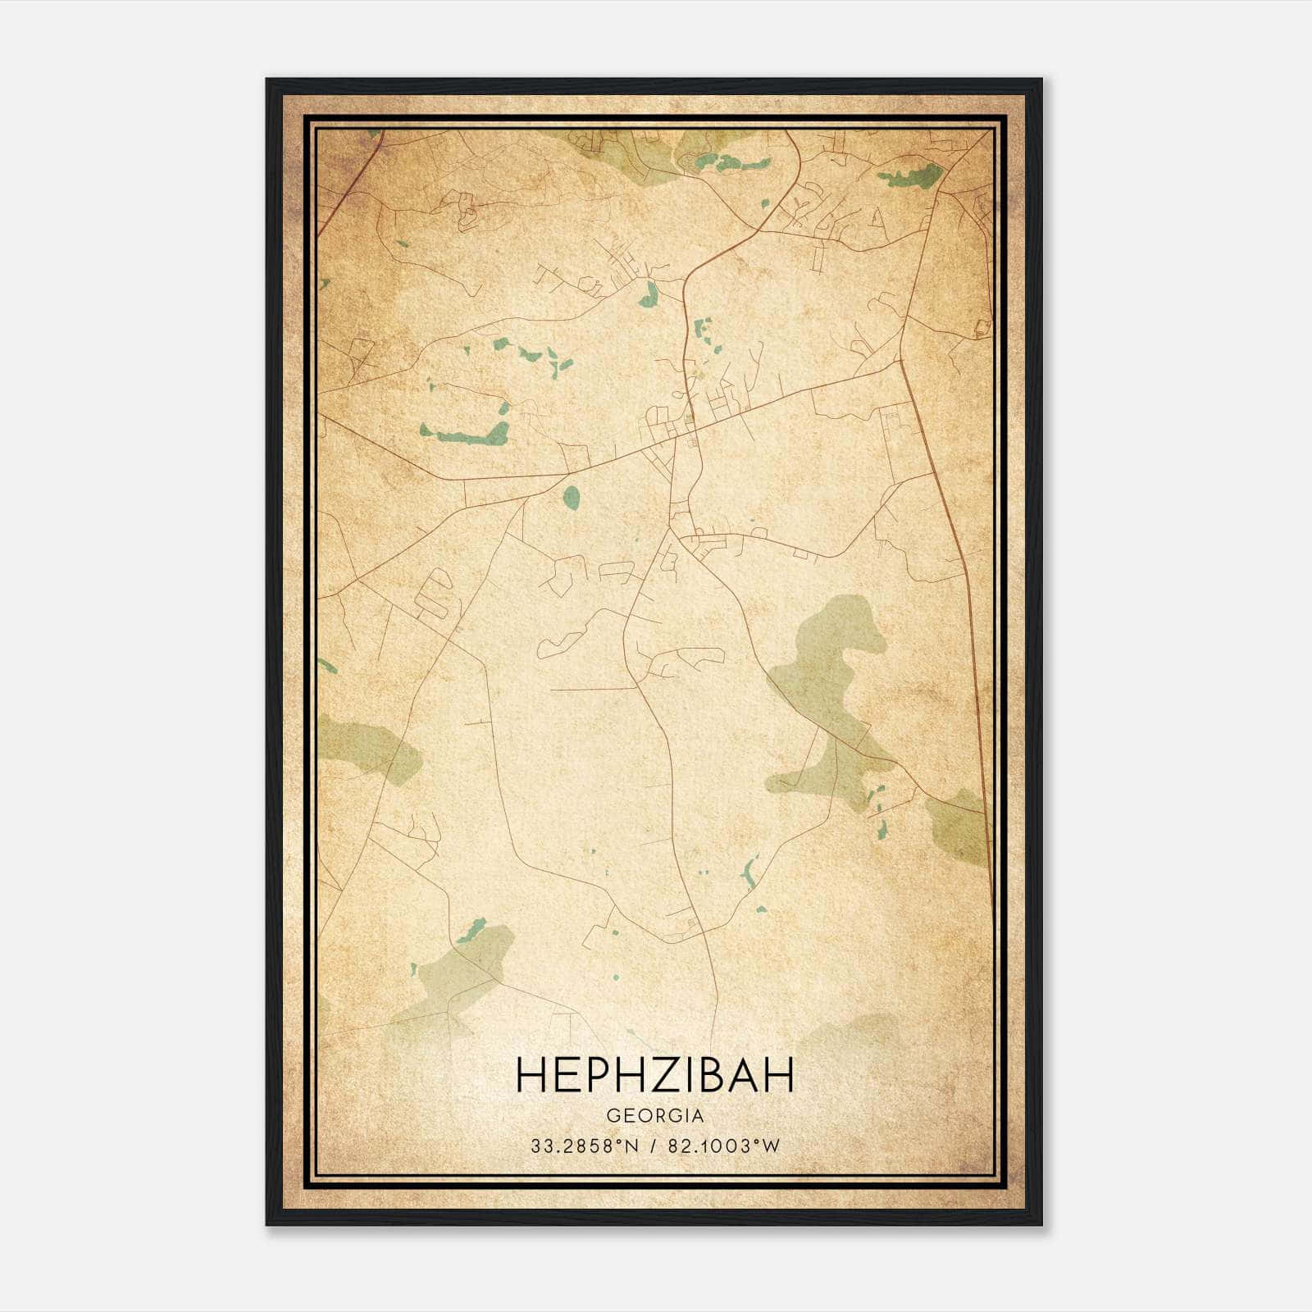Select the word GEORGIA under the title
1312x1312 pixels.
[x=655, y=1116]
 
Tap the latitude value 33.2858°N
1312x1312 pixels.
[x=584, y=1146]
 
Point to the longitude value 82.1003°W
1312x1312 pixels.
[x=725, y=1146]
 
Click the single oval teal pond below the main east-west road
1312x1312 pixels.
[x=572, y=494]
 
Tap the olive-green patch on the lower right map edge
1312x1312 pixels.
[x=959, y=824]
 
